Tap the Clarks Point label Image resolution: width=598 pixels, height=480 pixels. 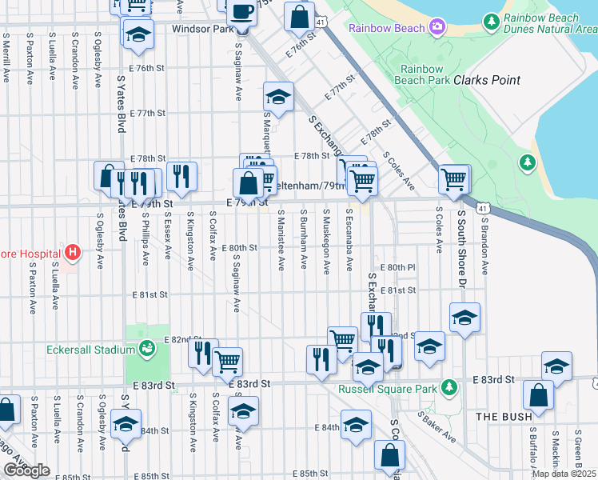click(487, 80)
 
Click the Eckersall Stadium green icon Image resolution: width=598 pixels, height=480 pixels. click(146, 348)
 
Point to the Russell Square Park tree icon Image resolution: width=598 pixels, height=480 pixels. click(449, 388)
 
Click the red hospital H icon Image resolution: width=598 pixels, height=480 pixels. click(73, 254)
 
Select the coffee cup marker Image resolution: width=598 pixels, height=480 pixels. click(241, 13)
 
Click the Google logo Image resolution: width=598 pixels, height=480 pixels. click(26, 470)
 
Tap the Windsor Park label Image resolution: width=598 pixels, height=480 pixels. click(201, 29)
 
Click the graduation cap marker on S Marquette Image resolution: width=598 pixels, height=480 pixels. click(278, 97)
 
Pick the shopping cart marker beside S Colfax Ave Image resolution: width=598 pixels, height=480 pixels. click(228, 361)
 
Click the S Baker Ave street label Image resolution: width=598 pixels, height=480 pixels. click(439, 434)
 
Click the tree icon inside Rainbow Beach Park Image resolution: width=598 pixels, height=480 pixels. click(526, 163)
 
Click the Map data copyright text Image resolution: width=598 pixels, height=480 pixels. click(564, 473)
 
